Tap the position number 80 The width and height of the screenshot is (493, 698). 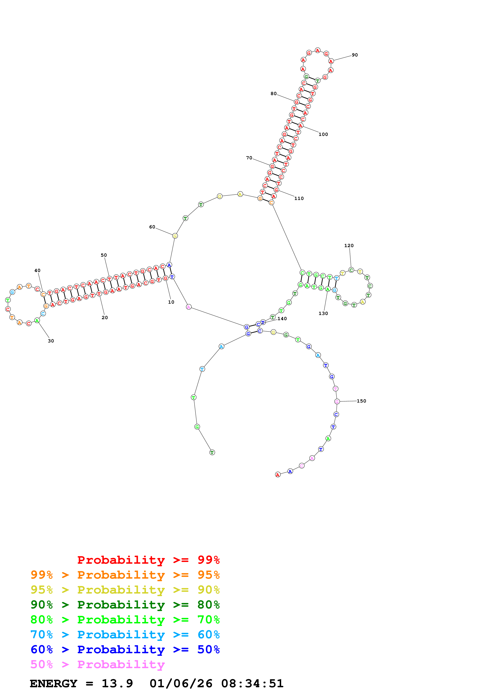coord(273,94)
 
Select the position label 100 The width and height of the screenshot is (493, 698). coord(323,134)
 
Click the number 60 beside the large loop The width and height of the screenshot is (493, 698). coord(152,227)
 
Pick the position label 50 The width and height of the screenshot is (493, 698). coord(104,255)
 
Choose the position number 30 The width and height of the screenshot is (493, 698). coord(51,341)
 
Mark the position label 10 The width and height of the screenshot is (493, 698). coord(171,302)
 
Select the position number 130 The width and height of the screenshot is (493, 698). coord(323,313)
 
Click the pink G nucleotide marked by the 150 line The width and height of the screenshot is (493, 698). coord(337,402)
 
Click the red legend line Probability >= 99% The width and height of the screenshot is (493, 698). coord(148,560)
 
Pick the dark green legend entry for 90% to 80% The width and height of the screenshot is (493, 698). coord(125,605)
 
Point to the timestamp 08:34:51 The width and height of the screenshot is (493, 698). coord(252,683)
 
